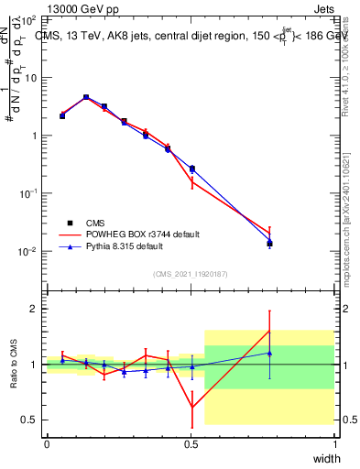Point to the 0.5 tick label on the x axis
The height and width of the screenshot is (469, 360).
[191, 443]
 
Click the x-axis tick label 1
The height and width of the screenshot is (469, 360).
[335, 443]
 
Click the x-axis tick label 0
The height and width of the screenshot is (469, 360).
[47, 443]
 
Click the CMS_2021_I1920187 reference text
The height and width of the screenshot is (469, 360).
[191, 274]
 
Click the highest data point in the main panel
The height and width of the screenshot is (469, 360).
[86, 97]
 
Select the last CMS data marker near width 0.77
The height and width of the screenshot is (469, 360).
[269, 243]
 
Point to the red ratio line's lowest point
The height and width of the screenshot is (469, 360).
[191, 408]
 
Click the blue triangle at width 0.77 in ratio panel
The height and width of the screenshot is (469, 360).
[269, 353]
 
